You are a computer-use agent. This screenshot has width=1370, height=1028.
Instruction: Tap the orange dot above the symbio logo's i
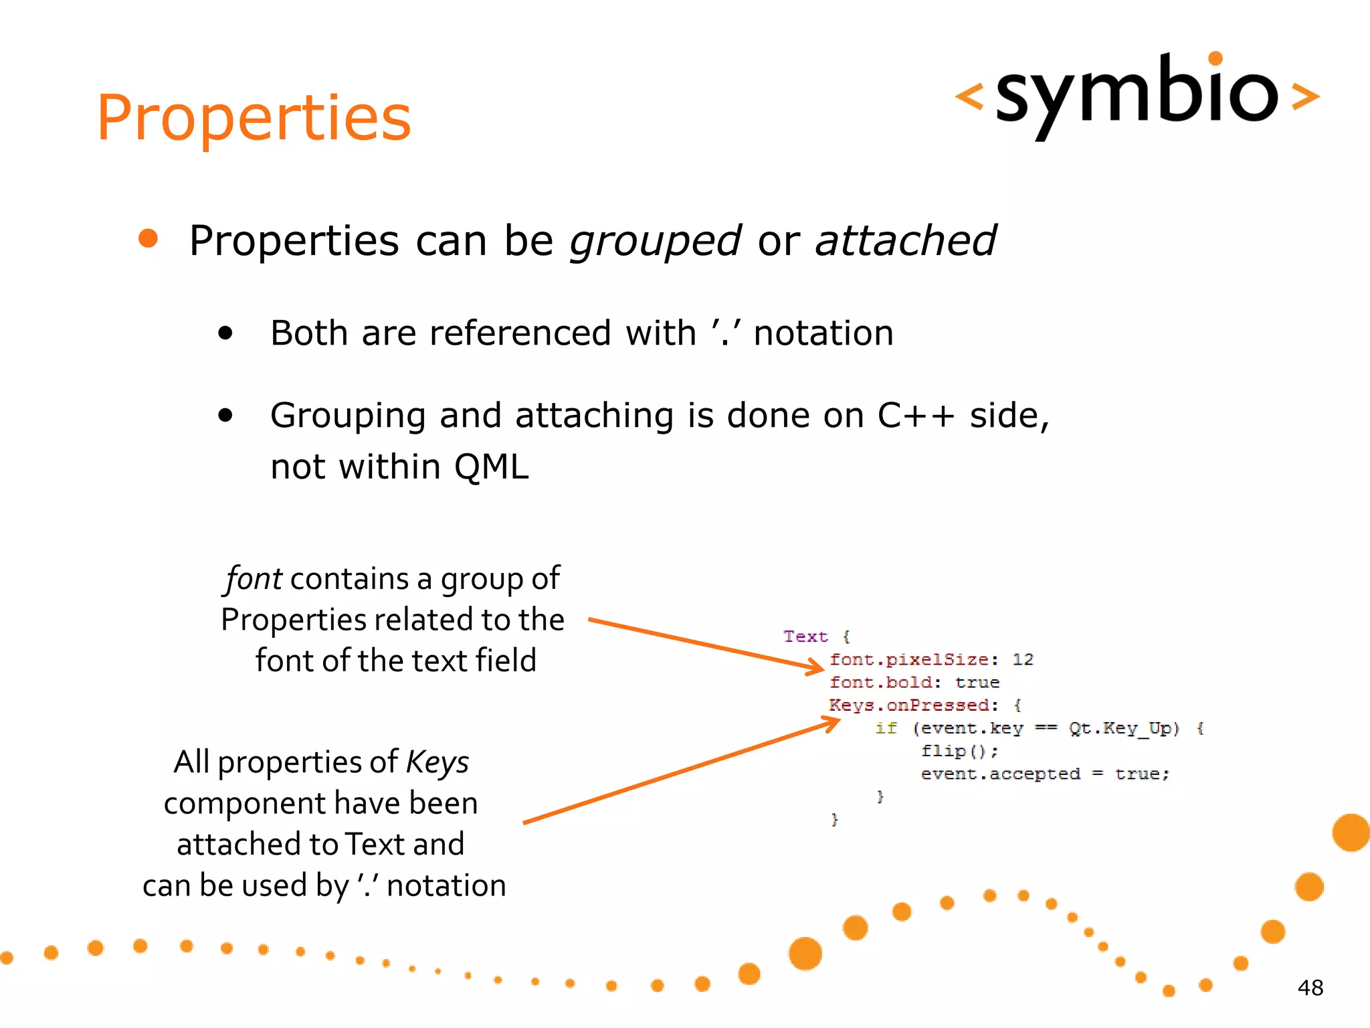(1215, 58)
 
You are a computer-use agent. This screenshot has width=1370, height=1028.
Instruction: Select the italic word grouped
(655, 241)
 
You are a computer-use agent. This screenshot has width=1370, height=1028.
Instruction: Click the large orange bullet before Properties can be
(148, 239)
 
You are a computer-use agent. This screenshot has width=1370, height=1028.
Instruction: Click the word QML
(491, 466)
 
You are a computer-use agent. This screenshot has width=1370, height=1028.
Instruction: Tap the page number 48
(1310, 987)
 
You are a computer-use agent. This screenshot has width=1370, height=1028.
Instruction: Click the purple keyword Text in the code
(805, 636)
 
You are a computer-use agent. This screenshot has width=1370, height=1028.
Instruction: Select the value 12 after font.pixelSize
(1022, 660)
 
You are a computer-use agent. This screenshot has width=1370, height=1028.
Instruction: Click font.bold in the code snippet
(880, 683)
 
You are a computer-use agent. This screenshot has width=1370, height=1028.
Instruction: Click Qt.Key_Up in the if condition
(1123, 728)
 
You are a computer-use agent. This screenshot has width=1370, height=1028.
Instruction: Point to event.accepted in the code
(1000, 774)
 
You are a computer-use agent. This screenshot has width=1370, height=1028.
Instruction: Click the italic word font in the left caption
(254, 579)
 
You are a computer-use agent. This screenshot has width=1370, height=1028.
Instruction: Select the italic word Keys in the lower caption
(437, 762)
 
